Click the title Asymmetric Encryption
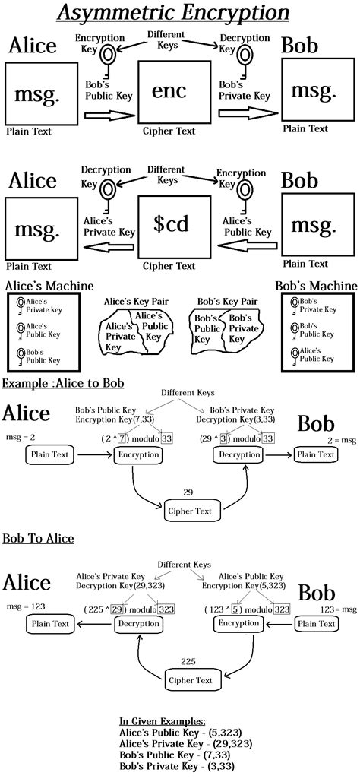tap(180, 14)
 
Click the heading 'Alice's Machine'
tap(49, 286)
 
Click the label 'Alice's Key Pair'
tap(136, 301)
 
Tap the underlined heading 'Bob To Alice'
tap(38, 538)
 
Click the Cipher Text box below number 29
tap(194, 510)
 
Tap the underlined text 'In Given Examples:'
tap(162, 720)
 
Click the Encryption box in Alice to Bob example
tap(138, 454)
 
